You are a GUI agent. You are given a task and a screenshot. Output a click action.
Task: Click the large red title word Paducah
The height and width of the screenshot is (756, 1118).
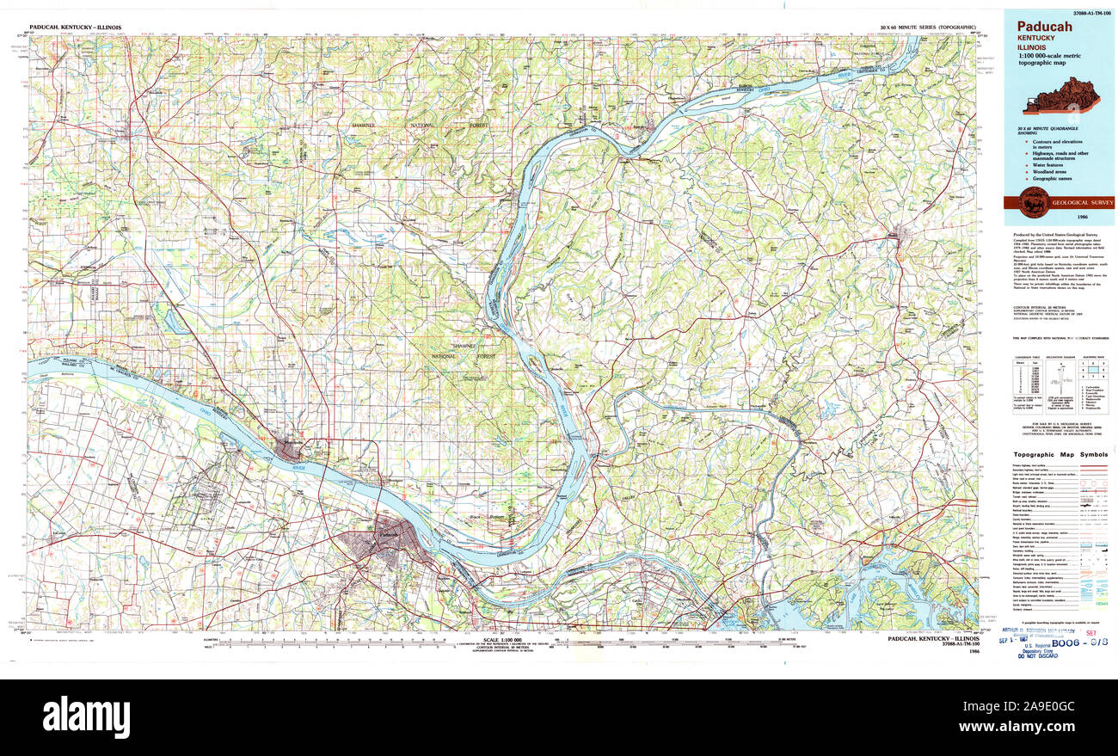tap(1044, 27)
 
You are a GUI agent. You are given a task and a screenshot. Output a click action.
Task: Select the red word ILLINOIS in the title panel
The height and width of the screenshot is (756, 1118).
tap(1032, 47)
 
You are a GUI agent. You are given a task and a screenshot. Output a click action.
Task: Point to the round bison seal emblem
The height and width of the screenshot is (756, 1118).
tap(1033, 203)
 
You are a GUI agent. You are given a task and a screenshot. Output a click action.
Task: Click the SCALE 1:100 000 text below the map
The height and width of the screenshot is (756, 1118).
tap(503, 640)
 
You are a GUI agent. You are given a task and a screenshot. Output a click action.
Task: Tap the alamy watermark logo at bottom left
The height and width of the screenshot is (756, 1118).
tap(86, 716)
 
